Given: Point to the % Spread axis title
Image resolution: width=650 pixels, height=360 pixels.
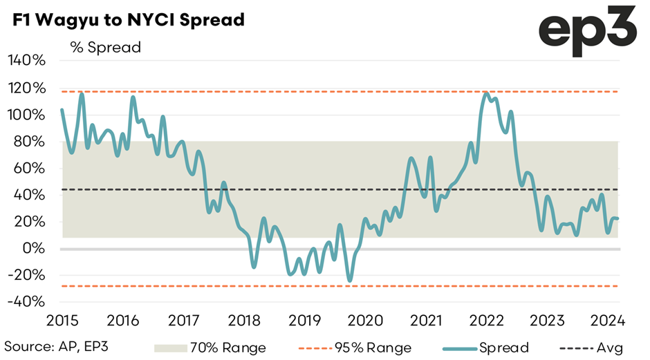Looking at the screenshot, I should tap(105, 47).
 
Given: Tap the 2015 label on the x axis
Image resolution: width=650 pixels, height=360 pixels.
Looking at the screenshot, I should tap(61, 321).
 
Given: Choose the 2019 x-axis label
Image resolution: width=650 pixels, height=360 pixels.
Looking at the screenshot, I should tap(305, 321).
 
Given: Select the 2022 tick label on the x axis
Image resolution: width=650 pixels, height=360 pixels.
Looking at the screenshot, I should tap(488, 321).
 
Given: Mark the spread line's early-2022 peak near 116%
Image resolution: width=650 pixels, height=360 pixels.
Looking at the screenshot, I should tap(488, 93).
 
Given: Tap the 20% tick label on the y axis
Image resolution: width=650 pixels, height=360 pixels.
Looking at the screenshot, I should tap(29, 222).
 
